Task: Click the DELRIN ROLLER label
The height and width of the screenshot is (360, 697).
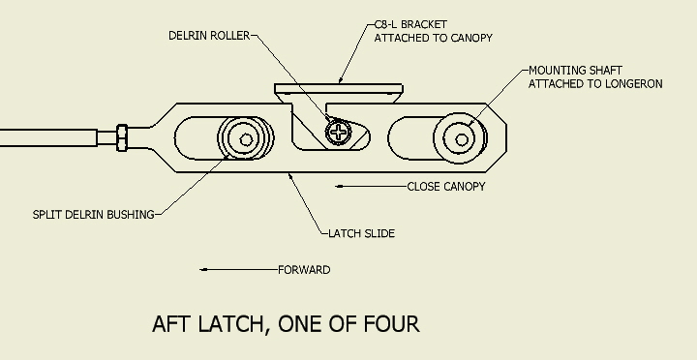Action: point(209,36)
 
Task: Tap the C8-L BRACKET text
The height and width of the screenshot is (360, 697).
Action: point(410,24)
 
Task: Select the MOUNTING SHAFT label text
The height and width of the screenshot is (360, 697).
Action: point(575,71)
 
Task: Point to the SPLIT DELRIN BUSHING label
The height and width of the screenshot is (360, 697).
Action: point(93,215)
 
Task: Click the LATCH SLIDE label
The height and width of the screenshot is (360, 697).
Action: point(361,234)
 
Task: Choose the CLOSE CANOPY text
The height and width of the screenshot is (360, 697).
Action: point(446,187)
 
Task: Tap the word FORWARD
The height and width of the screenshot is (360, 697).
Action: point(304,270)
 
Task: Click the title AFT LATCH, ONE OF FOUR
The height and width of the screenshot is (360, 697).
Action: point(286,323)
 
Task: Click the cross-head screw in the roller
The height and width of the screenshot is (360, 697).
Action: point(338,132)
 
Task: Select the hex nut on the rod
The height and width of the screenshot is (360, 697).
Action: point(122,137)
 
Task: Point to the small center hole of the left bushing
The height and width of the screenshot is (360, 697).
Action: point(246,140)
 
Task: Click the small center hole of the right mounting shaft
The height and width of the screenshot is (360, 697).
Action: point(462,140)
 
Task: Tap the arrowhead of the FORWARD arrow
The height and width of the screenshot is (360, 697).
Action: point(203,269)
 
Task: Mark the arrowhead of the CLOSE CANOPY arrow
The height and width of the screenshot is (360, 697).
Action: point(339,186)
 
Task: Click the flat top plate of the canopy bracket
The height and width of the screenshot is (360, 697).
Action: point(339,88)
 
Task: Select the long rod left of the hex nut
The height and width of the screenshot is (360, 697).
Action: point(48,137)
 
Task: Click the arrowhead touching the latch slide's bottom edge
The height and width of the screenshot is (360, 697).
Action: point(290,176)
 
